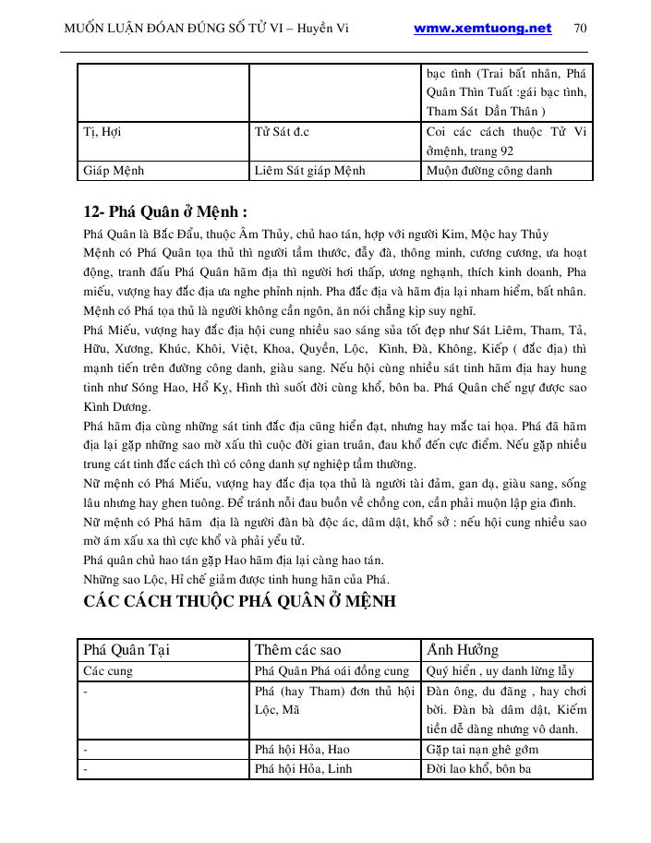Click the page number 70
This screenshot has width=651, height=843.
point(580,28)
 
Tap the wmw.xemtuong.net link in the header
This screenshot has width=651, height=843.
point(482,28)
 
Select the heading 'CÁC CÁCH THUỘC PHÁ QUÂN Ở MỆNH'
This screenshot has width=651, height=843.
point(240,601)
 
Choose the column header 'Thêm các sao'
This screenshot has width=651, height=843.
point(297,649)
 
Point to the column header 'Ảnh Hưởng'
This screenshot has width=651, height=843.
point(463,649)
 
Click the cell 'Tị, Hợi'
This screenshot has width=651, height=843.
point(102,132)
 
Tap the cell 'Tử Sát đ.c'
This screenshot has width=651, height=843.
point(282,132)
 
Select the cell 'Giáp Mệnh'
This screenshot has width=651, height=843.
point(114,170)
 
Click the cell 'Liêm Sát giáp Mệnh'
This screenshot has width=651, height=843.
point(309,170)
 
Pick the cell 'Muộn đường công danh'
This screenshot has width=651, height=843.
point(488,170)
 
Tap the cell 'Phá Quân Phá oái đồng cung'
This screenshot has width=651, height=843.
point(332,671)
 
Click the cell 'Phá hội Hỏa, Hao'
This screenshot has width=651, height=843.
point(302,749)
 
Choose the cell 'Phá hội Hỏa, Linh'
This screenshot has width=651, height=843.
point(302,768)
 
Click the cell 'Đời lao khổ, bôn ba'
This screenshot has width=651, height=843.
point(479,768)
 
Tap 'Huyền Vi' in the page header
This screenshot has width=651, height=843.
point(338,28)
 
